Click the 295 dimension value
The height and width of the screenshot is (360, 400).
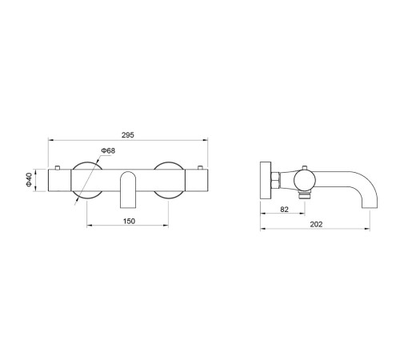[x=128, y=135]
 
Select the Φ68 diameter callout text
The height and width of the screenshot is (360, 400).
[x=108, y=150]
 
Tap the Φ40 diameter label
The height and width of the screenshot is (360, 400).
[x=29, y=180]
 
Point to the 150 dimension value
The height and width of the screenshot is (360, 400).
[x=129, y=221]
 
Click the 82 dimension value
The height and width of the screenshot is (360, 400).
[x=284, y=210]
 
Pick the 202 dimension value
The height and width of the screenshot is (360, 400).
[x=316, y=225]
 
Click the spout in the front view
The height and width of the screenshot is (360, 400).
[x=128, y=190]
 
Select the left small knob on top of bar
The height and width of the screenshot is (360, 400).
[x=57, y=167]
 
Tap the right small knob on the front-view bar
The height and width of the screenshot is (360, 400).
[x=200, y=167]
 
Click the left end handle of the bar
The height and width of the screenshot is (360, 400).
[x=59, y=180]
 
